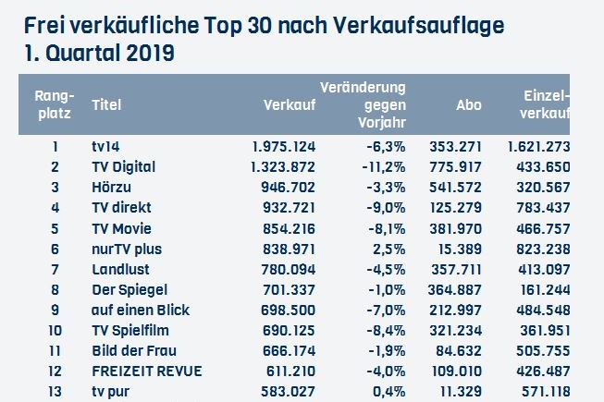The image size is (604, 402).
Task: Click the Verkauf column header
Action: (x=290, y=105)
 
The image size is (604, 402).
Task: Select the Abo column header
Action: (x=469, y=105)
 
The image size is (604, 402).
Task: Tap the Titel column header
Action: (x=106, y=105)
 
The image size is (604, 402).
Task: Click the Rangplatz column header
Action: (x=54, y=104)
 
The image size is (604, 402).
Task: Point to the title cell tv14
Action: (x=105, y=147)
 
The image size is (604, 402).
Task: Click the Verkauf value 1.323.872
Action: (x=284, y=167)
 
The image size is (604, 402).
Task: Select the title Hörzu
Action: (x=109, y=188)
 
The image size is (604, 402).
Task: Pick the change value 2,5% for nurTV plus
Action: (x=388, y=249)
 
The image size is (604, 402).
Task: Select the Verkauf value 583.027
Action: (x=287, y=391)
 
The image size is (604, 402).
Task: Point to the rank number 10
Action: (x=55, y=330)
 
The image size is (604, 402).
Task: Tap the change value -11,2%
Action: (x=384, y=167)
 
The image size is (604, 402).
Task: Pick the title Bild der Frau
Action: (x=134, y=350)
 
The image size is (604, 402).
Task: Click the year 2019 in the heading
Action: (x=145, y=54)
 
